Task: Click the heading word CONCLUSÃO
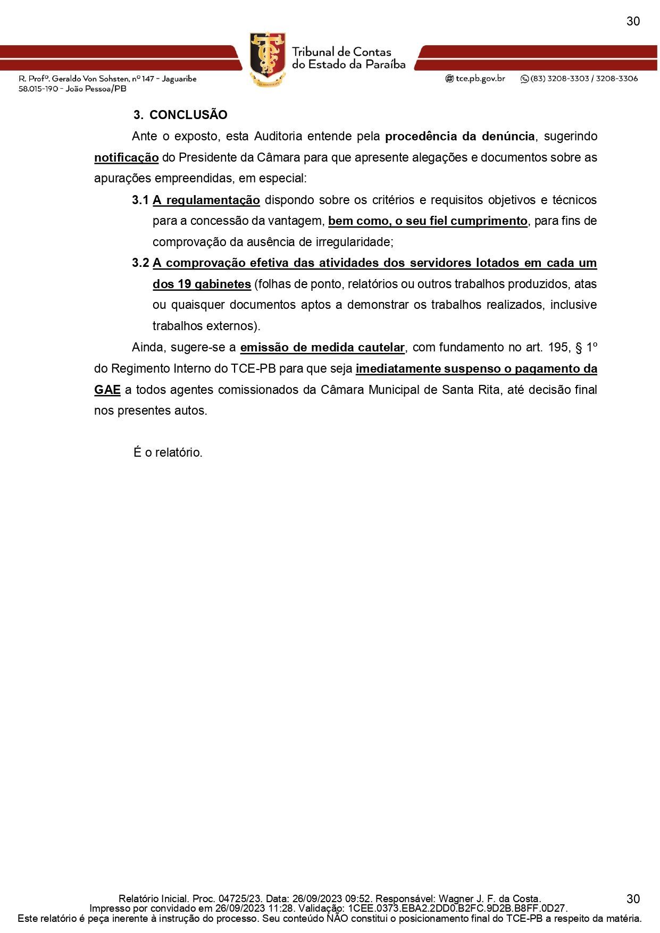pos(188,115)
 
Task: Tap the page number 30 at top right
pos(633,21)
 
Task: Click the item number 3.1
pos(140,200)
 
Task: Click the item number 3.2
pos(140,263)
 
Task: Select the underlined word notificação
pos(127,158)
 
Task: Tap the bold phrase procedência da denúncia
pos(460,136)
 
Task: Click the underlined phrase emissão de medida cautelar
pos(323,348)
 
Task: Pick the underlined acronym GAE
pos(107,390)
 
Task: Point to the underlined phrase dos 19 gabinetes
pos(202,284)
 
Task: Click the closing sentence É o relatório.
pos(168,453)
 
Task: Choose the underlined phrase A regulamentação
pos(206,200)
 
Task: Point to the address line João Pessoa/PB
pos(96,89)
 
